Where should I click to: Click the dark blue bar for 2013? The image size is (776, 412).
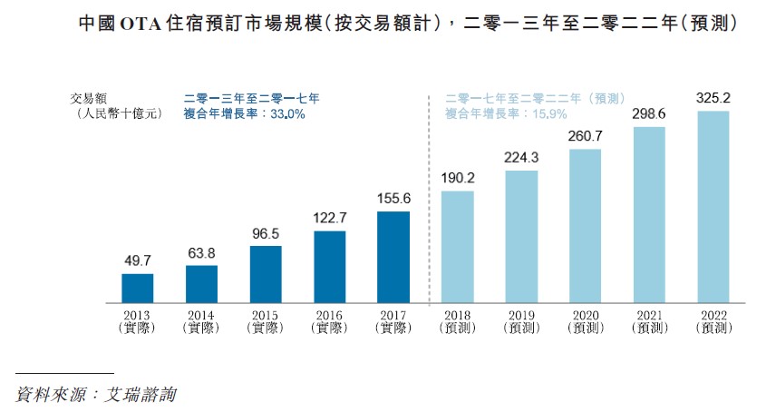click(138, 288)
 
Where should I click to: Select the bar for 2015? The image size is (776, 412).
click(266, 274)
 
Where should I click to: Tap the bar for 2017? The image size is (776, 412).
click(393, 257)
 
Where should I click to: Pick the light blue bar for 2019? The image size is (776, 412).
click(521, 236)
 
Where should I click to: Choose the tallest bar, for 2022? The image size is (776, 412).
click(713, 207)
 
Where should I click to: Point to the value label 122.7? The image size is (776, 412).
click(330, 219)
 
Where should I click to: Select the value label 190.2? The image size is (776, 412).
click(458, 179)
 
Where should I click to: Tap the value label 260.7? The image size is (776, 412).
click(586, 136)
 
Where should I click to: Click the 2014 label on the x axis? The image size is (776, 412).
click(202, 314)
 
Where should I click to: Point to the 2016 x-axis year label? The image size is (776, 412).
click(330, 314)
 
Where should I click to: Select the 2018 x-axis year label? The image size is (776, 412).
click(458, 314)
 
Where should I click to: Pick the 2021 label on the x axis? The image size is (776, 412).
click(649, 314)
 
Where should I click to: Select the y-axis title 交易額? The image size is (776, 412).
click(88, 98)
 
